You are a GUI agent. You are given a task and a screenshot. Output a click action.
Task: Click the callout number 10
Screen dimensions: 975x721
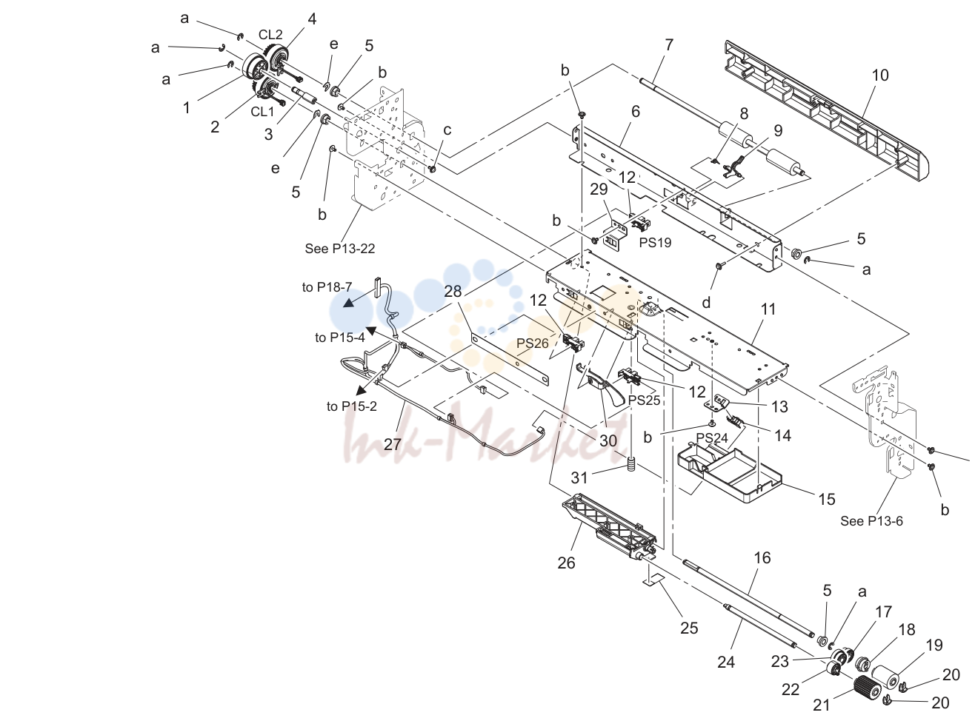tap(880, 76)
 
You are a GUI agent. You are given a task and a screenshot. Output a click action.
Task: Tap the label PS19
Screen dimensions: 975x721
tap(655, 243)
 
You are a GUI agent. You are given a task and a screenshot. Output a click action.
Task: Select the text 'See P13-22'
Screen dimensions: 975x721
tap(340, 249)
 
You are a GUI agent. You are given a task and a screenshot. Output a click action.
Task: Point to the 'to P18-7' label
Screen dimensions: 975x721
tap(327, 287)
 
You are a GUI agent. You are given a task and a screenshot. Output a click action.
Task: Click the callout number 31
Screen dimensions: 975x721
tap(579, 477)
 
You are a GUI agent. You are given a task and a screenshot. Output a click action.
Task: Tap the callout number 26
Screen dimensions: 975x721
tap(566, 563)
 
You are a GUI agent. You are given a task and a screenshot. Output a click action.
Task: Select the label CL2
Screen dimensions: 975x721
tap(270, 34)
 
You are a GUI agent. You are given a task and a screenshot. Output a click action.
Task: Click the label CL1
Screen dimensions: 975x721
tap(262, 112)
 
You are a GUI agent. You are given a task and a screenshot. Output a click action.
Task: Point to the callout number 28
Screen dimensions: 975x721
tap(453, 292)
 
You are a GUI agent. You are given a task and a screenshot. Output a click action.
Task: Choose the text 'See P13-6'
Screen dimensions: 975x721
tap(872, 521)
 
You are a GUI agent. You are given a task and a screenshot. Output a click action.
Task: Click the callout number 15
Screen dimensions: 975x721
tap(826, 499)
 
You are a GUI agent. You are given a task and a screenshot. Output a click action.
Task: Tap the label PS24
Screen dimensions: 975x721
tap(712, 438)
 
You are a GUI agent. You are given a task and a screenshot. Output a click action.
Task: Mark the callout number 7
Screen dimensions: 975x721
tap(669, 45)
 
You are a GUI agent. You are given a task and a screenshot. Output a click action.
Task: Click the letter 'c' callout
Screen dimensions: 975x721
tap(447, 130)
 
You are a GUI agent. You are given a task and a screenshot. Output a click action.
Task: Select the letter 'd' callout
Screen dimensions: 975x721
tap(706, 302)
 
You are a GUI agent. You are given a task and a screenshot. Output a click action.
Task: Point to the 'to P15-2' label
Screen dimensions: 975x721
tap(352, 406)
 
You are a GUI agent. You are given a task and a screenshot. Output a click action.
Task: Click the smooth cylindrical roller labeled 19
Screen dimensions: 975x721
tap(885, 676)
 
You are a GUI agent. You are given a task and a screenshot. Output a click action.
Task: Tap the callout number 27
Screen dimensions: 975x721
tap(392, 444)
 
